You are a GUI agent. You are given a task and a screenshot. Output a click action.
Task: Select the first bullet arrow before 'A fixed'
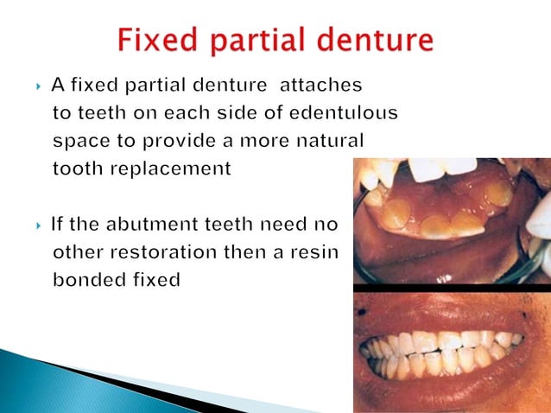pos(39,86)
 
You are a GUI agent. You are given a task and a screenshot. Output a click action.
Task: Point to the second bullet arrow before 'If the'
pos(39,226)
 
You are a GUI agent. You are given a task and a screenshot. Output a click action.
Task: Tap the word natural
pos(331,142)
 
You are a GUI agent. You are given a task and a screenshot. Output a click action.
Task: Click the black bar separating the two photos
pos(452,287)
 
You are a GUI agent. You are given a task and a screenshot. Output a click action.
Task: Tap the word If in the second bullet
pos(58,226)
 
